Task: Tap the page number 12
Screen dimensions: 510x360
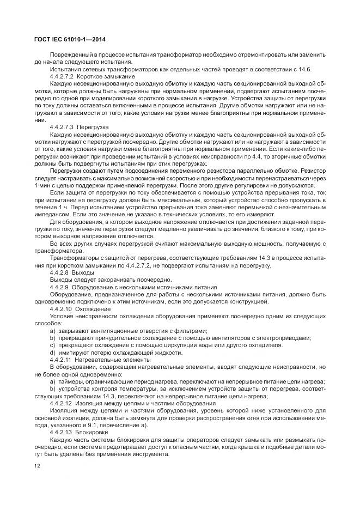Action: [x=37, y=466]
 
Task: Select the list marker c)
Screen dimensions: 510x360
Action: [x=53, y=345]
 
